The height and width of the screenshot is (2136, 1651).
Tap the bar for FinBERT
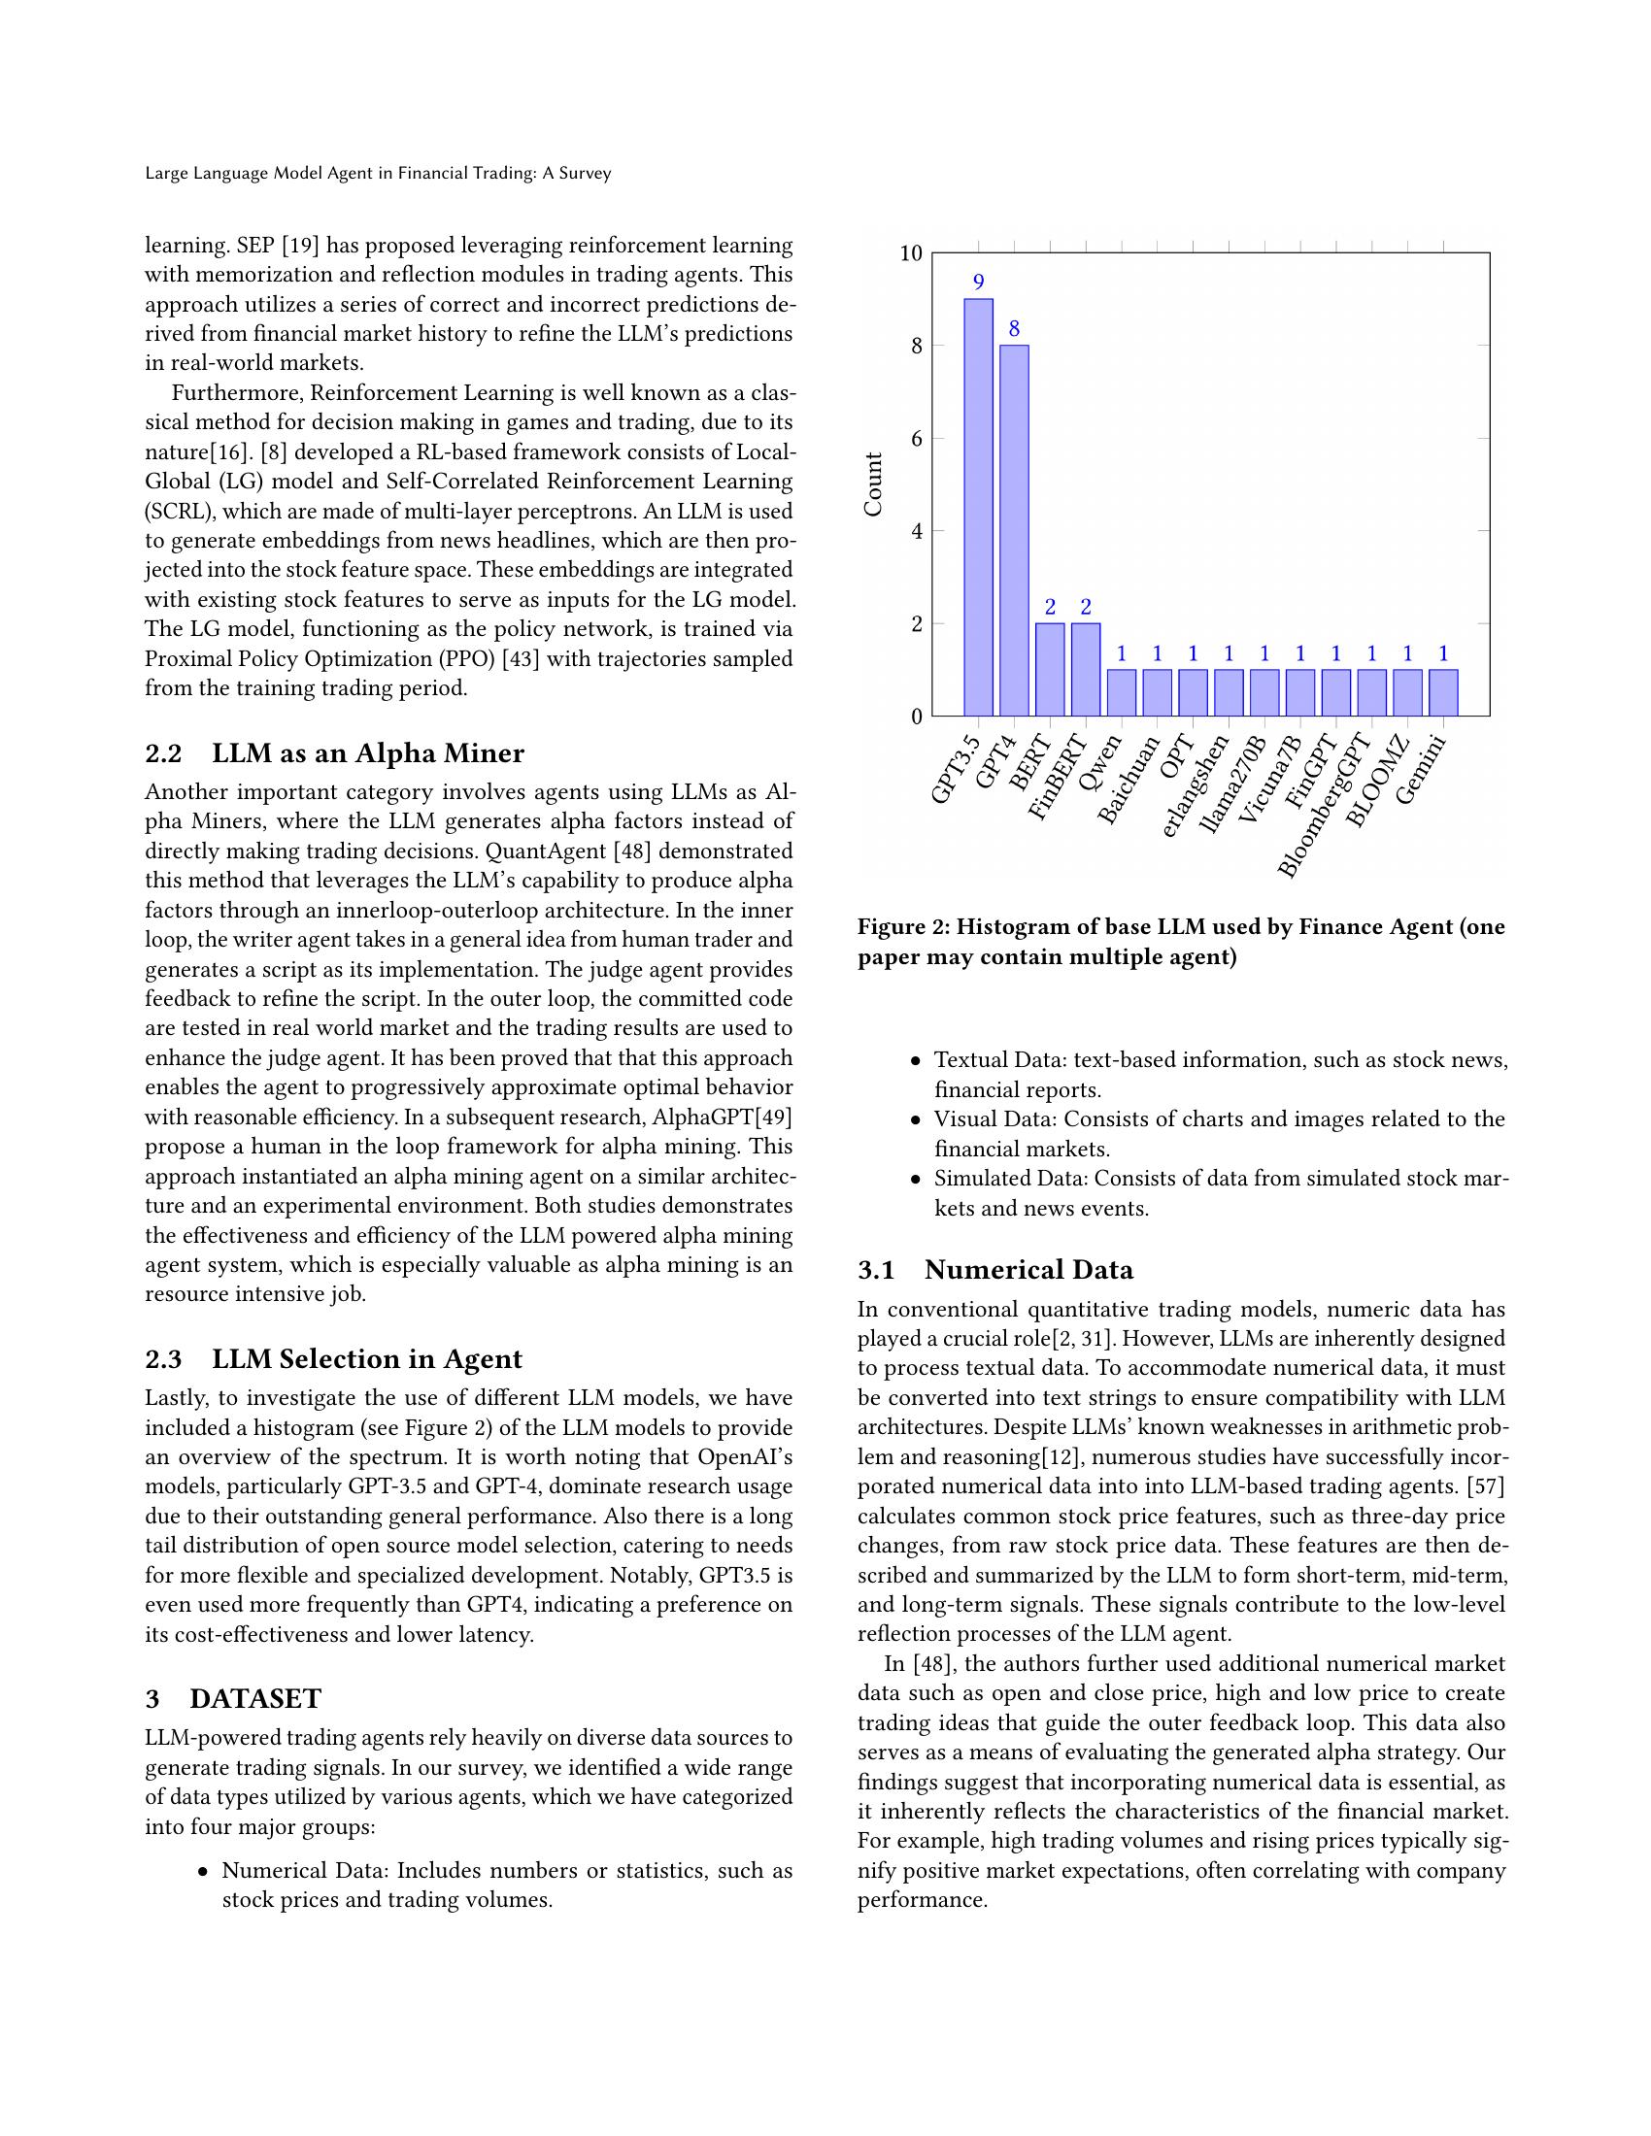[x=1086, y=669]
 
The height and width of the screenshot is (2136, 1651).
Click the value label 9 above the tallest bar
[x=978, y=283]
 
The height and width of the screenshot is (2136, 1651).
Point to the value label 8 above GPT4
[x=1014, y=329]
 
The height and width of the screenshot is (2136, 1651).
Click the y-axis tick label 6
[x=916, y=438]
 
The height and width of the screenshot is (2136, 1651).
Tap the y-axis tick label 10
[x=911, y=253]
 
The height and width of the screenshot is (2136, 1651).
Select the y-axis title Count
[x=872, y=484]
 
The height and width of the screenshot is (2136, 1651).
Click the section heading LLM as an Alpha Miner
[x=368, y=753]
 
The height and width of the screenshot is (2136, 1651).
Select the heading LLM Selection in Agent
[x=367, y=1358]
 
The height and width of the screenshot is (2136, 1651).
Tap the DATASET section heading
[x=255, y=1699]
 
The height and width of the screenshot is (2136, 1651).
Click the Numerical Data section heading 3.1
[x=1028, y=1270]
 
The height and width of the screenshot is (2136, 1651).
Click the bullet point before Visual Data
[x=916, y=1120]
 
